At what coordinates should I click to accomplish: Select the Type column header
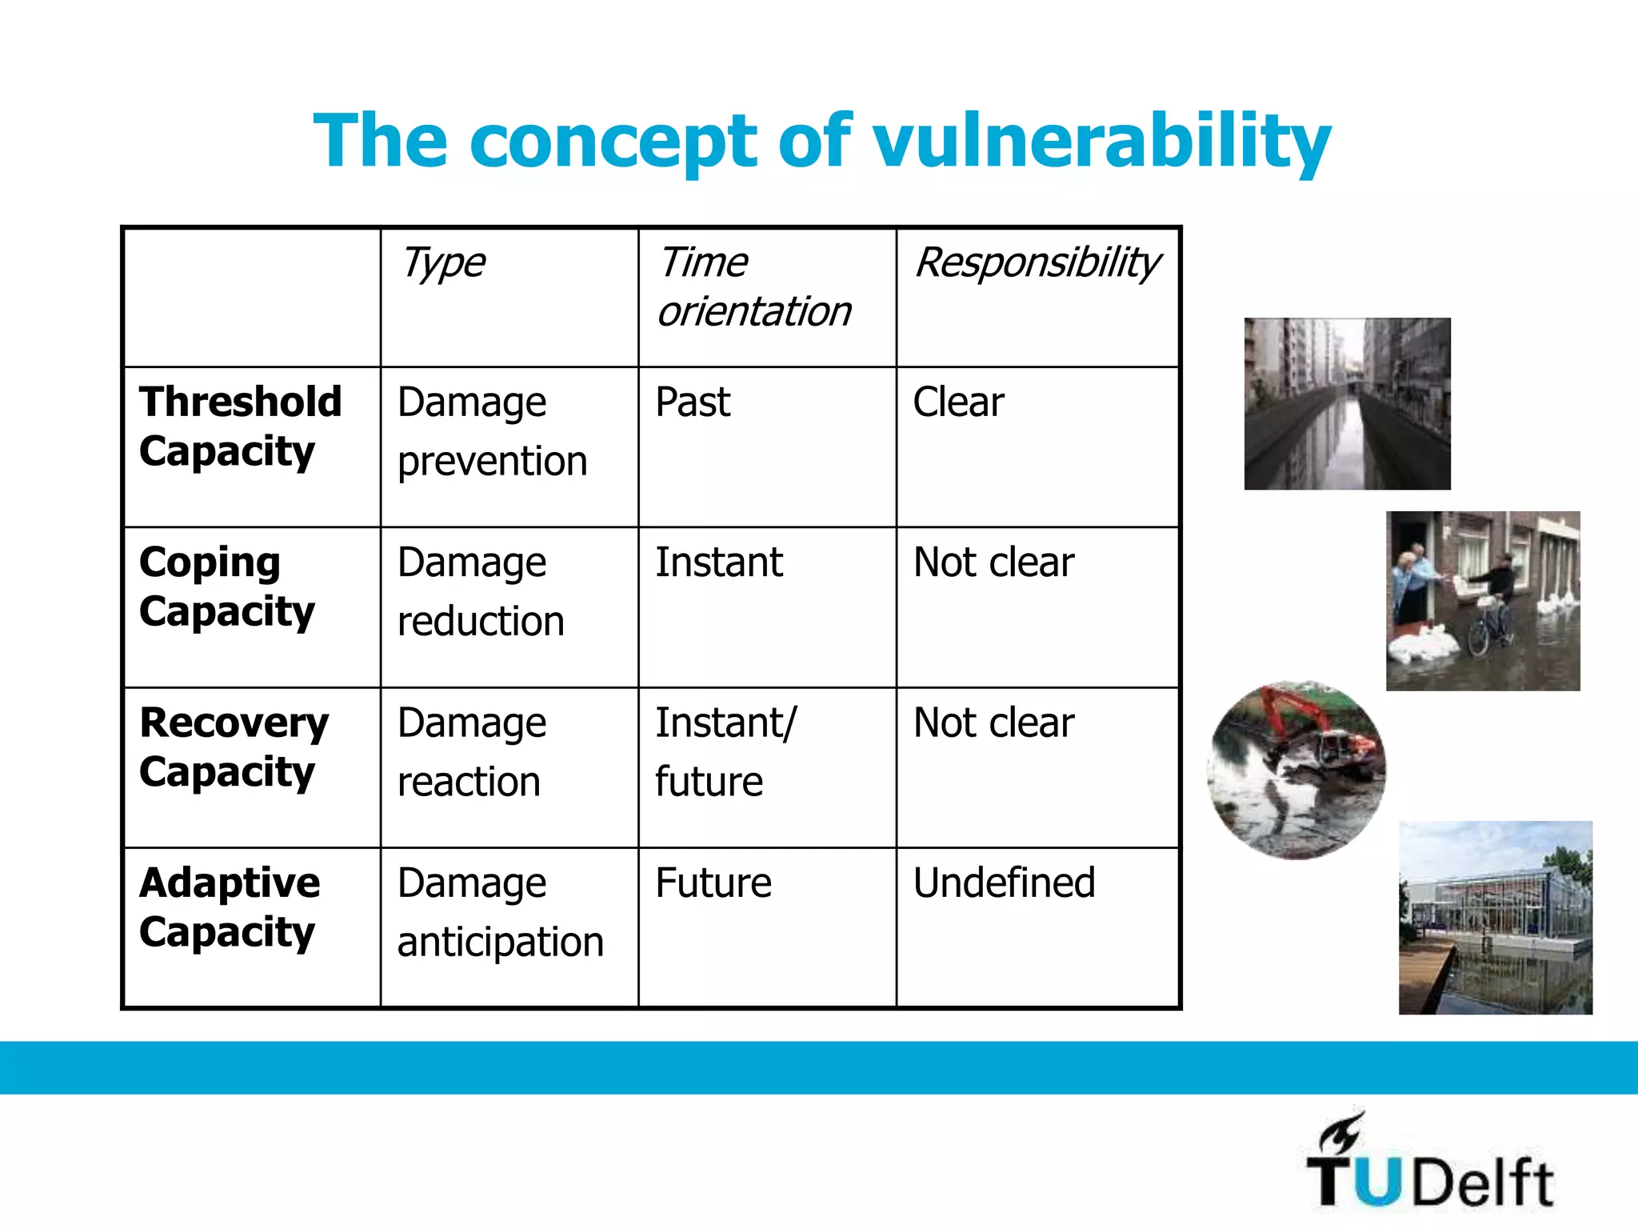click(443, 263)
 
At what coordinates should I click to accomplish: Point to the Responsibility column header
click(1037, 263)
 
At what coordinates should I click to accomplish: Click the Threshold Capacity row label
click(240, 426)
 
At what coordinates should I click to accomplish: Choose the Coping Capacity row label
click(227, 586)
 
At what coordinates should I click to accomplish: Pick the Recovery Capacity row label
click(234, 747)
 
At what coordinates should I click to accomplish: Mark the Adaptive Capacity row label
click(230, 907)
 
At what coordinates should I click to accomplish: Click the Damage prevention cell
click(492, 431)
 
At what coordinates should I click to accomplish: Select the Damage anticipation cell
click(500, 912)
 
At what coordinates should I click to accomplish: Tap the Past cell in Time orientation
click(693, 402)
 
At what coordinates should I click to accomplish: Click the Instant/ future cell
click(725, 751)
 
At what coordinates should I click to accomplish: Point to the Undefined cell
click(1004, 883)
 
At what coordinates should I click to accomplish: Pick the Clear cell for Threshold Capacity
click(958, 402)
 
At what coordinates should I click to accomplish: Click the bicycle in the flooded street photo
click(1489, 629)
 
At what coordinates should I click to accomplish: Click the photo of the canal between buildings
click(1347, 404)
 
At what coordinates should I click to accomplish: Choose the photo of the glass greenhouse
click(1495, 917)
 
